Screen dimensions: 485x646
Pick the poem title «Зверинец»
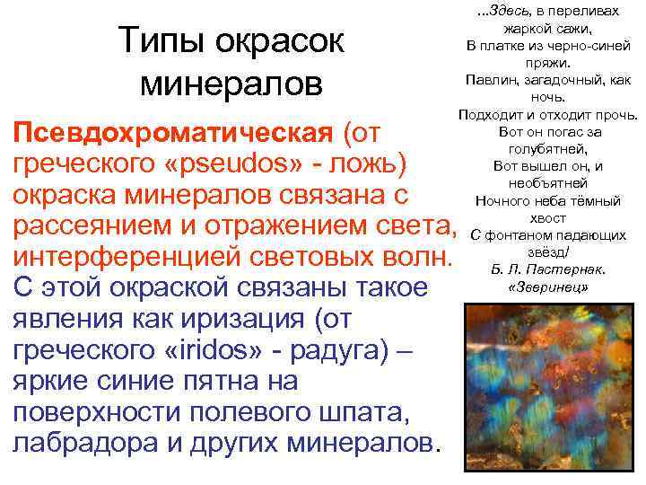pos(547,287)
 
